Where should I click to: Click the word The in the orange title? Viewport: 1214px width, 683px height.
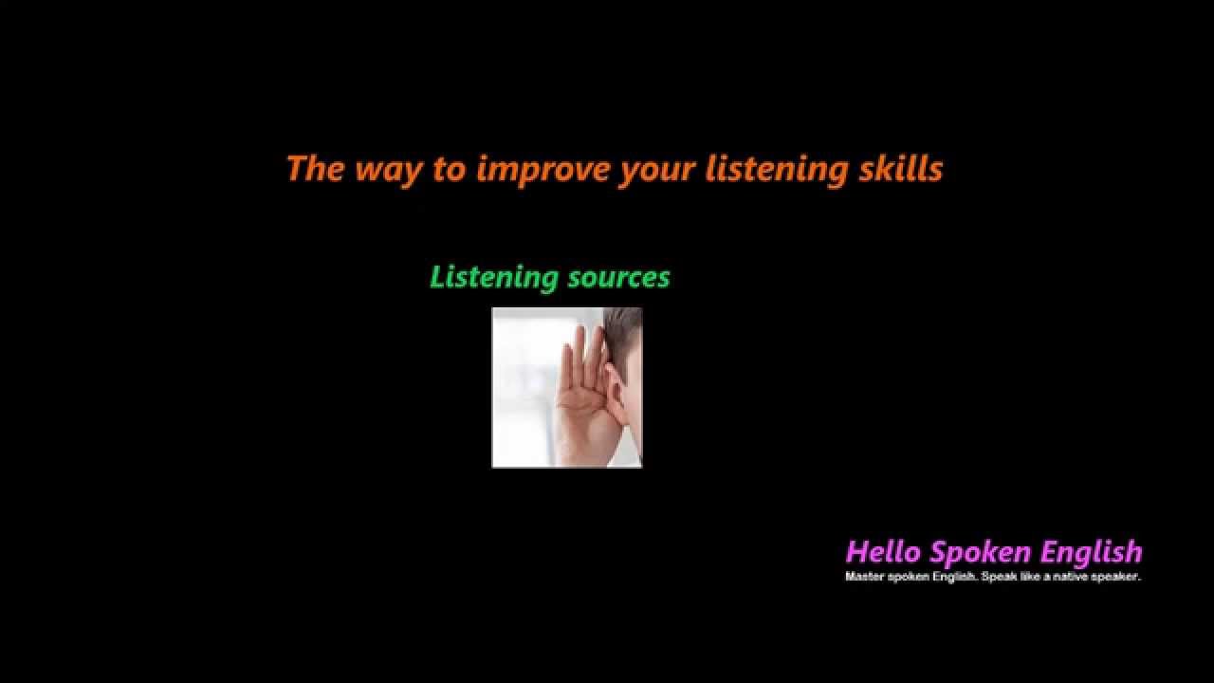click(x=315, y=169)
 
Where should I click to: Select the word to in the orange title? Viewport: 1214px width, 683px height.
click(x=450, y=170)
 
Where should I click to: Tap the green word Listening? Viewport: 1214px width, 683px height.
click(x=493, y=277)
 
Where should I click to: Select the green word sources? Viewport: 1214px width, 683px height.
click(x=618, y=278)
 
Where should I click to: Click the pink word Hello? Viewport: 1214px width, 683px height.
click(x=883, y=552)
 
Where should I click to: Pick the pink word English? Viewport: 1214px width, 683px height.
click(x=1091, y=552)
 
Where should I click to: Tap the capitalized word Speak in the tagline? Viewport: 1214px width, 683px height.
click(x=985, y=577)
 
